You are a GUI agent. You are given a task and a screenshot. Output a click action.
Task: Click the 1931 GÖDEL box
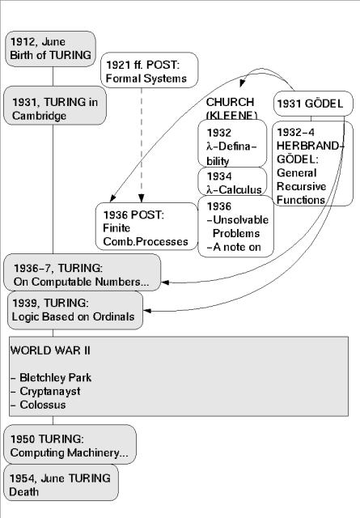click(314, 104)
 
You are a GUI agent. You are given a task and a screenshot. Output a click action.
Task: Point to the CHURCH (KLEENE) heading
click(231, 108)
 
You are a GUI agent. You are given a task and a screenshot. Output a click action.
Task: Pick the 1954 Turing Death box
click(61, 484)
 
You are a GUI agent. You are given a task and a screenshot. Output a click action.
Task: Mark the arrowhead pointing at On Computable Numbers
click(167, 282)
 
